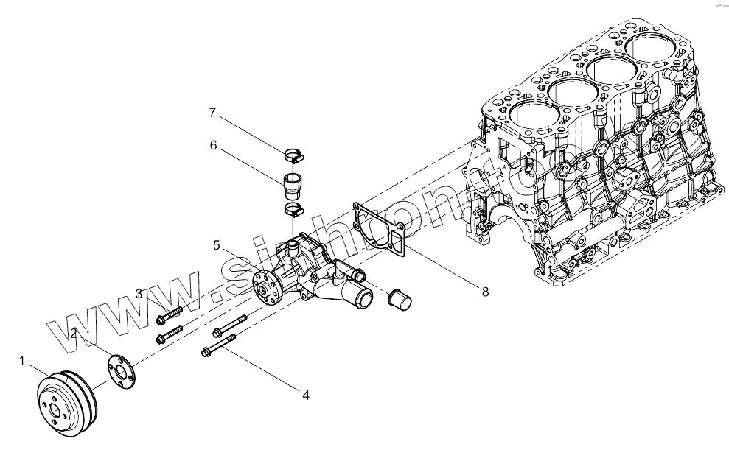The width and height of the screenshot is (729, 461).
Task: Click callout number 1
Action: tap(22, 361)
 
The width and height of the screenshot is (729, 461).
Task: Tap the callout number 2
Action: tap(74, 334)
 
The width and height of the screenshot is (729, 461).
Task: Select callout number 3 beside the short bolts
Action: tap(139, 295)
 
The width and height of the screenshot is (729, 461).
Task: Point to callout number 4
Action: tap(305, 395)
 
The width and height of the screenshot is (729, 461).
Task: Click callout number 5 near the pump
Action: tap(217, 244)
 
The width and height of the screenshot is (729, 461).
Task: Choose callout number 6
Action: tap(213, 145)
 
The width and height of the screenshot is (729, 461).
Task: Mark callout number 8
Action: tap(484, 292)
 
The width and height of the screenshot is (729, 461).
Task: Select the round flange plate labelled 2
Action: tap(122, 370)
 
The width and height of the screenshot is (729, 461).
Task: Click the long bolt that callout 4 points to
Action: tap(218, 345)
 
